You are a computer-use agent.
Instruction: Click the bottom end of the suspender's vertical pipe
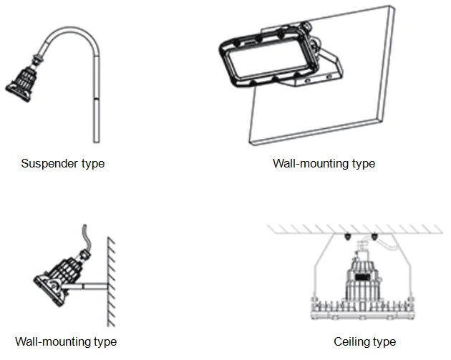97,141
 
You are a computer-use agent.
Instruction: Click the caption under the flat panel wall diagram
324,164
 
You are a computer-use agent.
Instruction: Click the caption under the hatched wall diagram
66,341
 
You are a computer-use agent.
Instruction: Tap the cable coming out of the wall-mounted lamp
86,235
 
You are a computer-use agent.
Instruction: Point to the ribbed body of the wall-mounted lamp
64,271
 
